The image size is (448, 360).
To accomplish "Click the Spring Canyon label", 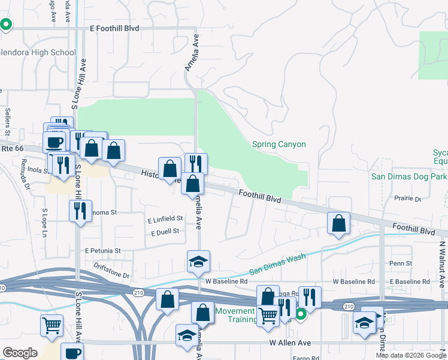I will [x=279, y=145].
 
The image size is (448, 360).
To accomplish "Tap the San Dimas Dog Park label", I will [x=408, y=176].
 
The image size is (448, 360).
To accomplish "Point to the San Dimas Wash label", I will [x=277, y=264].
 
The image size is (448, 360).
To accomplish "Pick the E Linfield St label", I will [x=165, y=220].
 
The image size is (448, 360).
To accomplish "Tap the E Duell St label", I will [x=165, y=232].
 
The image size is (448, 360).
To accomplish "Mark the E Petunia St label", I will [x=103, y=250].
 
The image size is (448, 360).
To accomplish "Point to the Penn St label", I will [x=401, y=263].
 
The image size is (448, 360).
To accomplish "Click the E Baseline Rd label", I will [x=410, y=281].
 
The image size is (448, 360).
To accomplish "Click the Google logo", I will [x=20, y=353].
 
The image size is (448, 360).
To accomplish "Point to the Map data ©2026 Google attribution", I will [x=411, y=355].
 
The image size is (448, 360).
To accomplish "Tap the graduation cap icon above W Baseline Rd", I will [x=198, y=262].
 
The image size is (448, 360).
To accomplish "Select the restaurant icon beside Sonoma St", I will [x=80, y=211].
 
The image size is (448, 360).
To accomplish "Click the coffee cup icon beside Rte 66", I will [x=55, y=142].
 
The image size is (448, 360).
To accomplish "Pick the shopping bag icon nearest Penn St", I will [x=339, y=223].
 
